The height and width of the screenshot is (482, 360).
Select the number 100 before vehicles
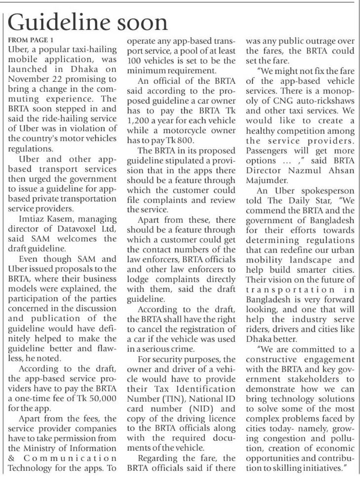click(134, 61)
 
